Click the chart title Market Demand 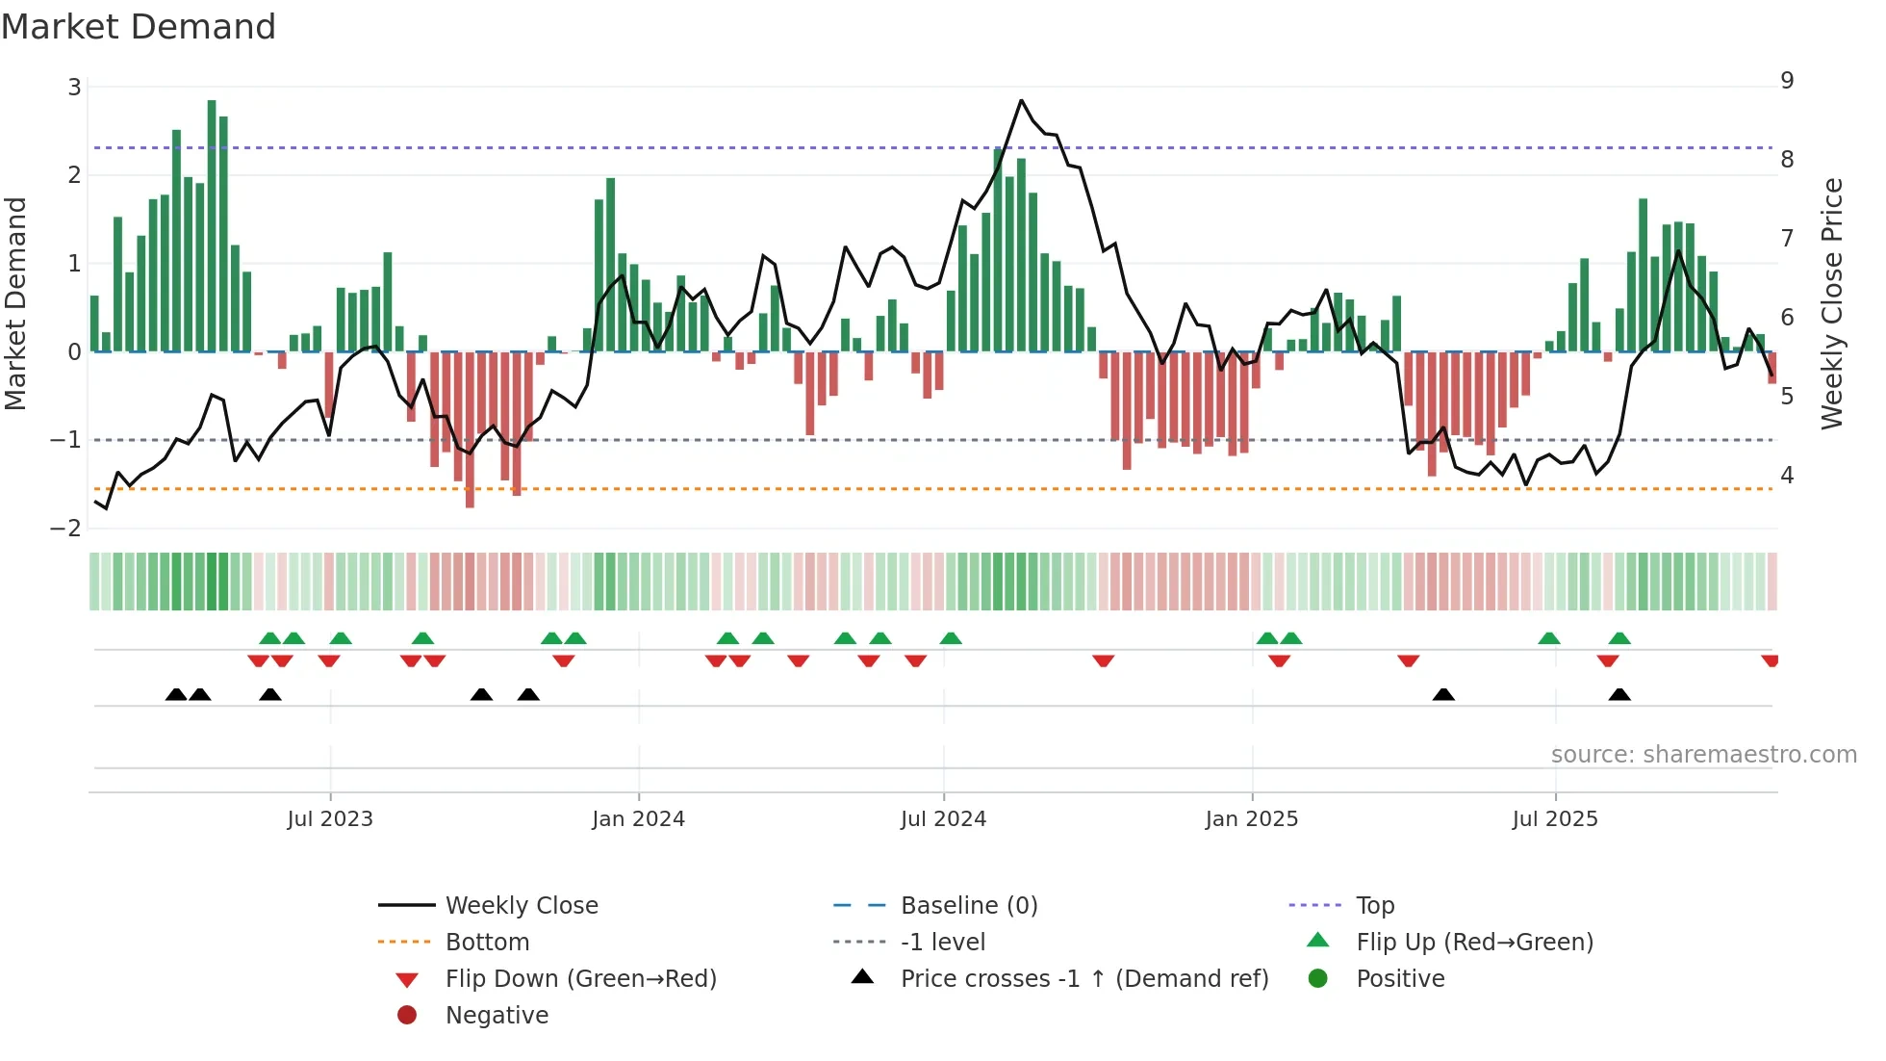pos(139,27)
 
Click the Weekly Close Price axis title pos(1832,303)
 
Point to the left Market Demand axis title pos(15,303)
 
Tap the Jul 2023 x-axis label pos(330,819)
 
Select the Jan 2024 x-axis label pos(638,819)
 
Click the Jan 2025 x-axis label pos(1251,819)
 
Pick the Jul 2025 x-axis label pos(1554,819)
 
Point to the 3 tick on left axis pos(74,88)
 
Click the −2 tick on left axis pos(66,529)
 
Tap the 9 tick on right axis pos(1787,81)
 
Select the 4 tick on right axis pos(1787,476)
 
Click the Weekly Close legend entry pos(521,906)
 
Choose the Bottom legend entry pos(487,943)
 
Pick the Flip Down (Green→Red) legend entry pos(580,979)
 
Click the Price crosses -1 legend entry pos(1083,979)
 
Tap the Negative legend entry pos(497,1016)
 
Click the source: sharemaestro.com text pos(1703,755)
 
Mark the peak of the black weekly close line pos(1021,100)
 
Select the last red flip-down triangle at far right pos(1770,660)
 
